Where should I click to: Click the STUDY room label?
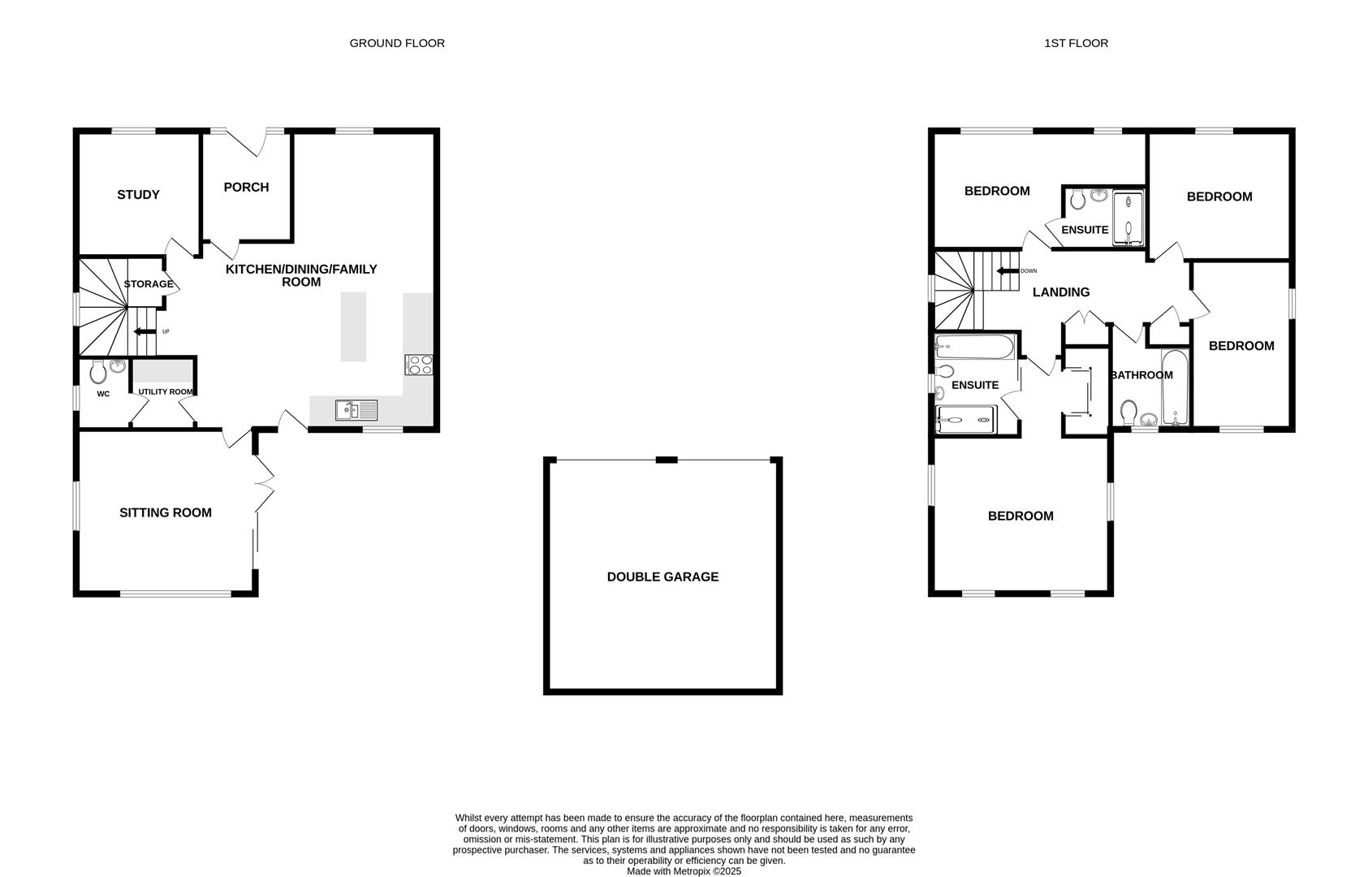(138, 195)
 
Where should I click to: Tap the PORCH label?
(246, 188)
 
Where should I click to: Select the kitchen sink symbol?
(356, 411)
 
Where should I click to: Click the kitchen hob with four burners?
(419, 365)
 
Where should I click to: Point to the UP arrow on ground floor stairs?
(145, 331)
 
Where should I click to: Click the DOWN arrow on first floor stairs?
(1008, 271)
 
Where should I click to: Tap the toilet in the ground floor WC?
(98, 373)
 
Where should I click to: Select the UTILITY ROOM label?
(165, 392)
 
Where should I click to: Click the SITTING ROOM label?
(166, 513)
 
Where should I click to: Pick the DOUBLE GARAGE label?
(662, 577)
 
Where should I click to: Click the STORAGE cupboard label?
(149, 284)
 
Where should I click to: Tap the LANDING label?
(1060, 292)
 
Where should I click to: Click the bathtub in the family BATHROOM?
(1174, 387)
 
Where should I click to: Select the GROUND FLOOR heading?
(397, 43)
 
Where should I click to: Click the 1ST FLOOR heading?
(1076, 43)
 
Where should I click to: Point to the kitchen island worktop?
(353, 326)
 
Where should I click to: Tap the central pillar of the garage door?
(667, 460)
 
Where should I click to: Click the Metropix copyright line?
(684, 871)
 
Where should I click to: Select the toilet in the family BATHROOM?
(1128, 411)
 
